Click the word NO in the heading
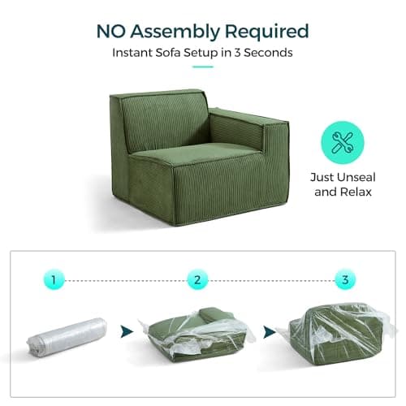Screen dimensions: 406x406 coord(111,31)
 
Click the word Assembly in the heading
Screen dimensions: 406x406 coord(175,32)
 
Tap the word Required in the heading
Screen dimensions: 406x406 coord(266,31)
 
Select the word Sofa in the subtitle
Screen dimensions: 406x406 coord(168,52)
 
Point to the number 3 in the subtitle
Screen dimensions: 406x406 coord(237,53)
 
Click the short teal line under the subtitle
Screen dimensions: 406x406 coord(203,67)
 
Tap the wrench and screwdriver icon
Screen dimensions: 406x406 coord(343,142)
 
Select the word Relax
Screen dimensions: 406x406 coord(356,192)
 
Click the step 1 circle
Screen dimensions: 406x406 coord(54,280)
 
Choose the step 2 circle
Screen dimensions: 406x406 coord(197,280)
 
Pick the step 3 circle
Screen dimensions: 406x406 coord(345,279)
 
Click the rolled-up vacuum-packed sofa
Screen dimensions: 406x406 coord(67,337)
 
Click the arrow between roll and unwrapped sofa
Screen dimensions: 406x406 coord(127,331)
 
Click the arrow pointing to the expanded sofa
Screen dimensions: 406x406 coord(270,332)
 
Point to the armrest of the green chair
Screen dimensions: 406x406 coord(249,127)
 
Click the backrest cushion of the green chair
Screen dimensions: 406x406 coord(164,122)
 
